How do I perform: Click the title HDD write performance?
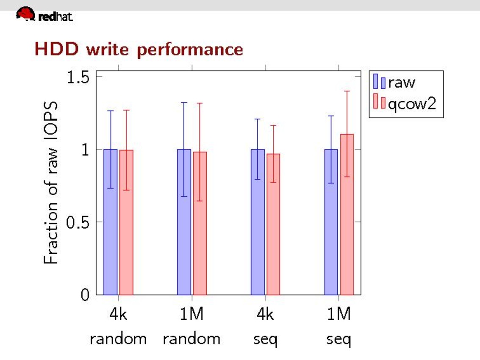pos(139,49)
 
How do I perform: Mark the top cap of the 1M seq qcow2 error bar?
pos(347,91)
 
